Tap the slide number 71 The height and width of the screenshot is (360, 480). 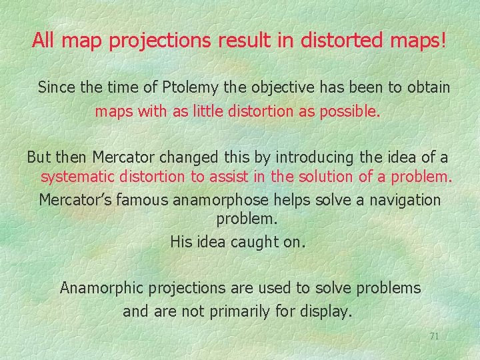click(x=434, y=336)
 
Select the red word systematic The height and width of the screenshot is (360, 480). click(x=79, y=177)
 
